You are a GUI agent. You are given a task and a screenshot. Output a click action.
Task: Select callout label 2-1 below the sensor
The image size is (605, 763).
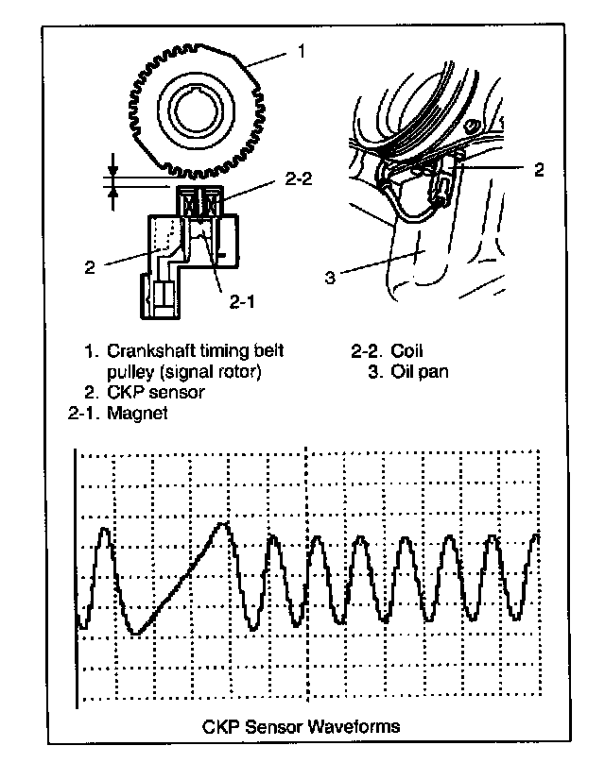point(242,303)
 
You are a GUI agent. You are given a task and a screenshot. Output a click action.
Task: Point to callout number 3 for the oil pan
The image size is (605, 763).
point(330,278)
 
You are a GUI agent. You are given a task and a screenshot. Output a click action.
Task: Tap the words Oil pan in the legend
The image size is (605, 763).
point(421,371)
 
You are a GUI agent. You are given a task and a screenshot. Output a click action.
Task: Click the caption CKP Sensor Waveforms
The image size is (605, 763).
point(302,726)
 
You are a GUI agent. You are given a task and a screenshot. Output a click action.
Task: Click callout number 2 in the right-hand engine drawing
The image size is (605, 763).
point(539,170)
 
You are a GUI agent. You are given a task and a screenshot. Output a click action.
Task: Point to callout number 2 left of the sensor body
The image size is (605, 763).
point(91,266)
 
